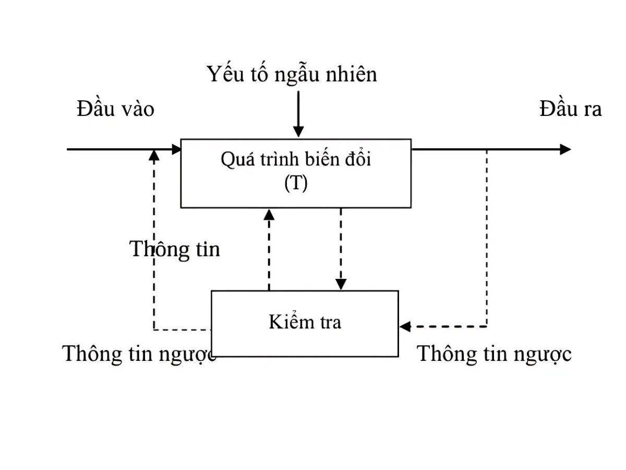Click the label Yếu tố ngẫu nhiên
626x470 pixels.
click(292, 75)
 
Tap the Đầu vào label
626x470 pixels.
click(115, 109)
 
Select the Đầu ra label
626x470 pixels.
click(570, 109)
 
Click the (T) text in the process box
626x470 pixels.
click(296, 183)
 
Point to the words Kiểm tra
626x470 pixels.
click(305, 322)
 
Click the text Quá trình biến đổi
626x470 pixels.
click(296, 159)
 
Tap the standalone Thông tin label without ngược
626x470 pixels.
click(175, 249)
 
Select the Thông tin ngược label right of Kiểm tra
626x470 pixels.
click(494, 354)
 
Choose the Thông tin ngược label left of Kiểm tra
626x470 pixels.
click(139, 354)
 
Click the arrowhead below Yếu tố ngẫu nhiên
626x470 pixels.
click(298, 132)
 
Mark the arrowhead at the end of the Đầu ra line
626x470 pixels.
click(565, 149)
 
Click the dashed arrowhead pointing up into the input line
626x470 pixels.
click(154, 155)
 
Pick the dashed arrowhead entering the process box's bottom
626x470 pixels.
click(269, 214)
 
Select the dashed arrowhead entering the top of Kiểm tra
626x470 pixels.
click(341, 284)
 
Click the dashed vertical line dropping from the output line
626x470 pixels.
click(487, 235)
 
